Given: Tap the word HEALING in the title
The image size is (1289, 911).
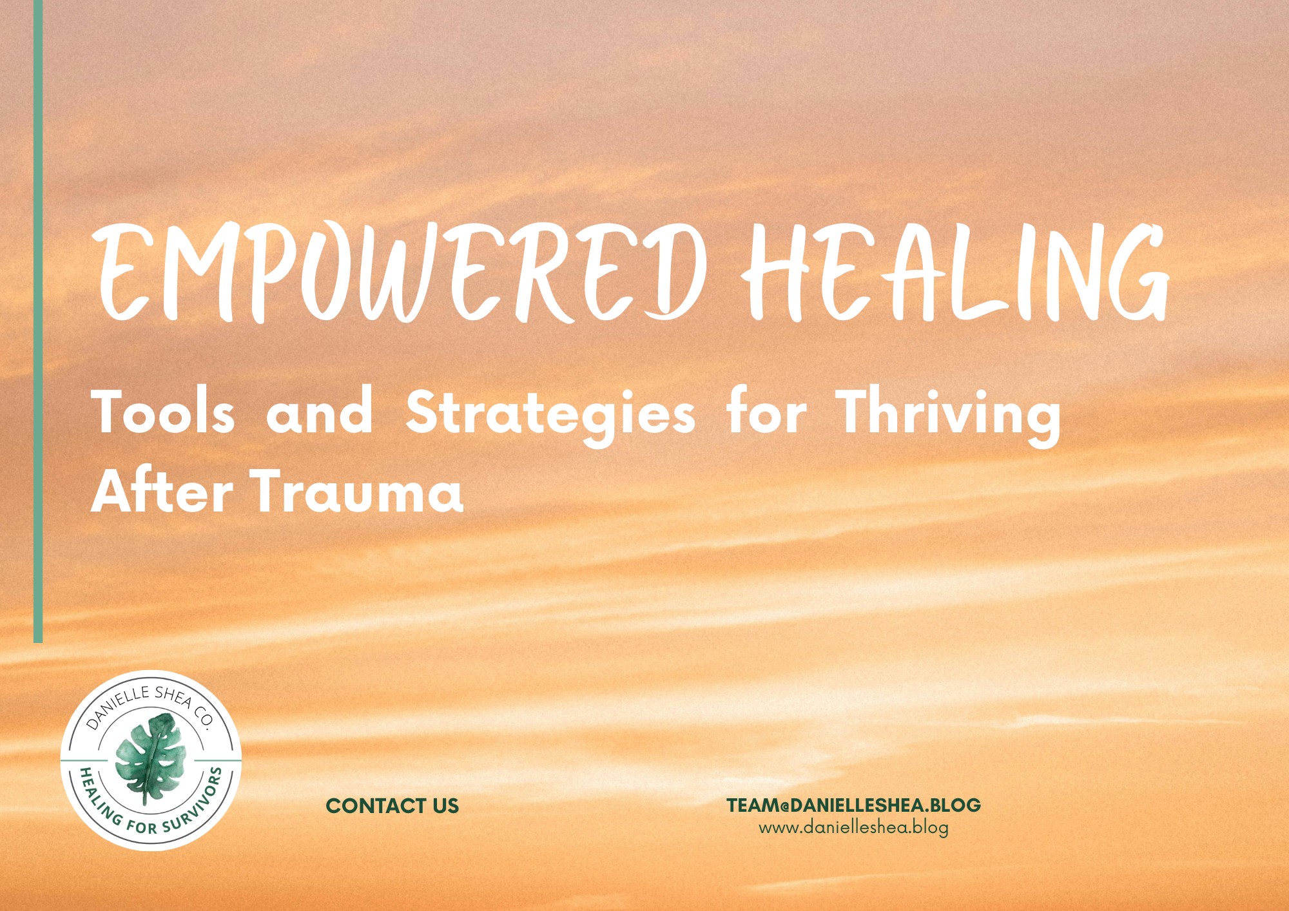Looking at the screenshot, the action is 955,273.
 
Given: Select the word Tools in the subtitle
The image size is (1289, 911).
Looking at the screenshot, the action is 163,412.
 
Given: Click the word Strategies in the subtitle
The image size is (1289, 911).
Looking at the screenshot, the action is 551,416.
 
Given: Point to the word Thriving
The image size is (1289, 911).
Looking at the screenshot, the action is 948,416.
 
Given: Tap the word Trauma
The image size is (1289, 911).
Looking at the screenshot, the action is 358,491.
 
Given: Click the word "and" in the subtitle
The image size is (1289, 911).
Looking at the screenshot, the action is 320,412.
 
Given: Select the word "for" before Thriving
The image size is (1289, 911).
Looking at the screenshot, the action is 766,410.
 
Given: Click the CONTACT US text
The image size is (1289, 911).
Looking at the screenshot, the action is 393,805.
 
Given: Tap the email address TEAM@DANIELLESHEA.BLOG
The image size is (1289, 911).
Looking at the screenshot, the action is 854,805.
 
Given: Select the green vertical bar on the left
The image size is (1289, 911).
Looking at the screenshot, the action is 38,321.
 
